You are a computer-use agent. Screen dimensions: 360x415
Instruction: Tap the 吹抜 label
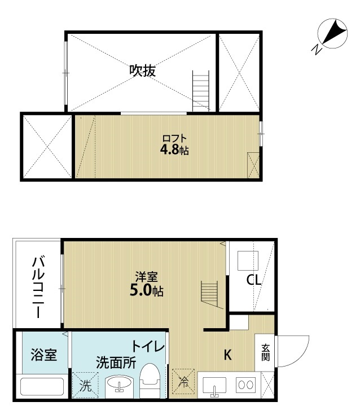[x=142, y=70]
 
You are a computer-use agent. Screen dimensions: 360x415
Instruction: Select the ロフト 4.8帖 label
[x=174, y=145]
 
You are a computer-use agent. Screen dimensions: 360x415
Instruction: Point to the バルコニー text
[x=38, y=286]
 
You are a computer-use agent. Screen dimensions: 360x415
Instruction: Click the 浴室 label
[x=43, y=355]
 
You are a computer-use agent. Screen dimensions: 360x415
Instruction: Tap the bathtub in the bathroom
[x=42, y=387]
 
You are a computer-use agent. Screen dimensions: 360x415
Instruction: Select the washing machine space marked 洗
[x=85, y=385]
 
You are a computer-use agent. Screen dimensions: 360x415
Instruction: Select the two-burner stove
[x=245, y=385]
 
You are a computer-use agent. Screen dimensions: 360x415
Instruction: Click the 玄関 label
[x=265, y=352]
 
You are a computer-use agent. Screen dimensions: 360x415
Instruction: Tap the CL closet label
[x=253, y=280]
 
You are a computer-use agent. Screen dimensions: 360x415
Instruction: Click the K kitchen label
[x=227, y=355]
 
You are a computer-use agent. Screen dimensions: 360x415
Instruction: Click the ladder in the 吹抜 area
[x=201, y=91]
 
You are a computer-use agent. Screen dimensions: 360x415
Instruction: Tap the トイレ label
[x=148, y=346]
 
